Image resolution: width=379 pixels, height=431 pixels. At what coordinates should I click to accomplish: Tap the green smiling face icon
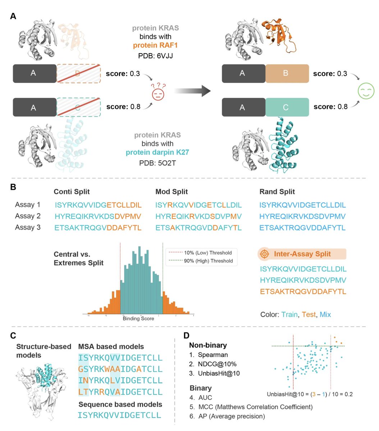(366, 91)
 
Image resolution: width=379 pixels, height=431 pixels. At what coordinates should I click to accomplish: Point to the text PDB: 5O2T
(157, 163)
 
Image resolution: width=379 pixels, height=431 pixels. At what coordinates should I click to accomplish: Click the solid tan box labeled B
(287, 74)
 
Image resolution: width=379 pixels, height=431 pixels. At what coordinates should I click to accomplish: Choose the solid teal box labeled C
(287, 107)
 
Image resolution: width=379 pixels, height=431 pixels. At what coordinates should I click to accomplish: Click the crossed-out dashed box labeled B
(79, 74)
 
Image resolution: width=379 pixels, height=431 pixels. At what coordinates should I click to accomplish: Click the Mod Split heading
(172, 192)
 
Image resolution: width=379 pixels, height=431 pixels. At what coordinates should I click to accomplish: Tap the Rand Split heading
(277, 192)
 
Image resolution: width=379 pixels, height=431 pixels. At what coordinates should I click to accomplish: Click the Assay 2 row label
(28, 216)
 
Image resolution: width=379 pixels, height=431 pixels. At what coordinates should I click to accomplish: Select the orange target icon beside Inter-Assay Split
(264, 254)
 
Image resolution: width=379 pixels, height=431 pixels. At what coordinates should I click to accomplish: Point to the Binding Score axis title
(138, 319)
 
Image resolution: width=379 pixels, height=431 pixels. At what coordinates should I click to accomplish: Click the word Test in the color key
(309, 315)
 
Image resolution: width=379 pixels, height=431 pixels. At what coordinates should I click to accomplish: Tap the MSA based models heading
(111, 347)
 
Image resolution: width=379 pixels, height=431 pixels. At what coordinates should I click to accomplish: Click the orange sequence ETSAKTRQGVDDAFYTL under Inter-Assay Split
(303, 292)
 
